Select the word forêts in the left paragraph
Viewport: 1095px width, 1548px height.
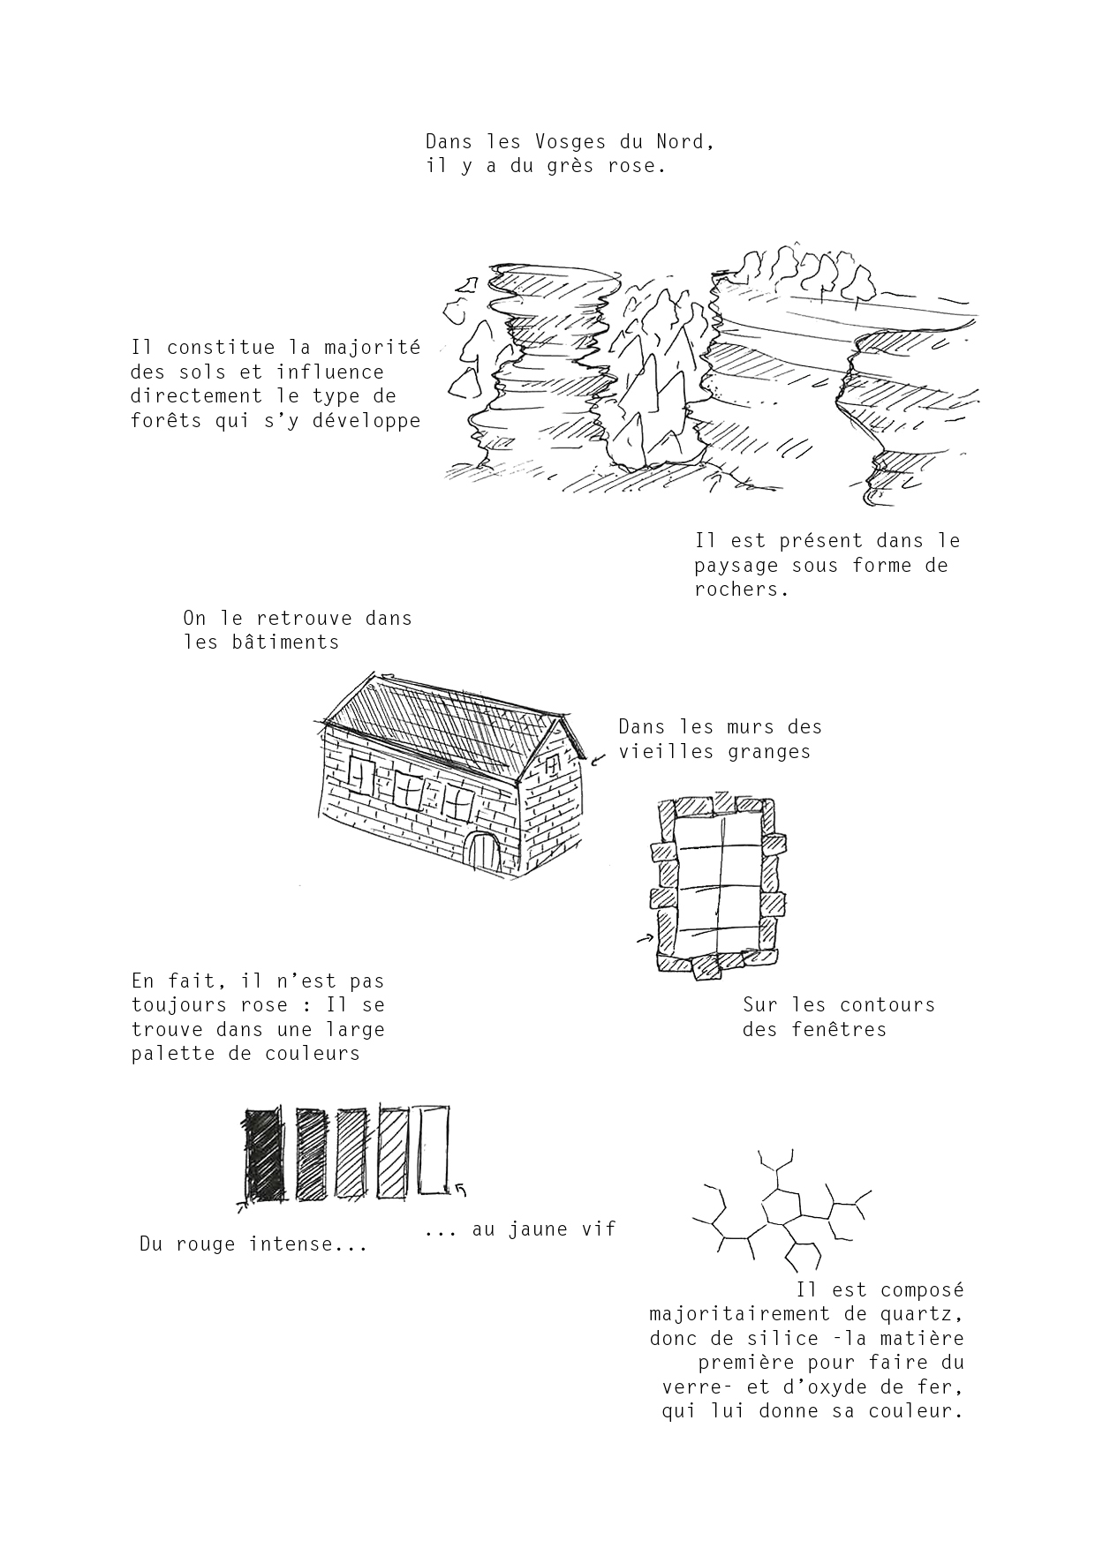pos(167,420)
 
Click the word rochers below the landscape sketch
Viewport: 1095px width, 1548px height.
pos(741,590)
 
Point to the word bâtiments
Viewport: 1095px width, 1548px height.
pos(280,642)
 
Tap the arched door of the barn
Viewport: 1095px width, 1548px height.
pos(482,853)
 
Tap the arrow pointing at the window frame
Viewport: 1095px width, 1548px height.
pos(644,941)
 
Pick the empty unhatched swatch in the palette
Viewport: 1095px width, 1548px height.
pos(433,1149)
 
